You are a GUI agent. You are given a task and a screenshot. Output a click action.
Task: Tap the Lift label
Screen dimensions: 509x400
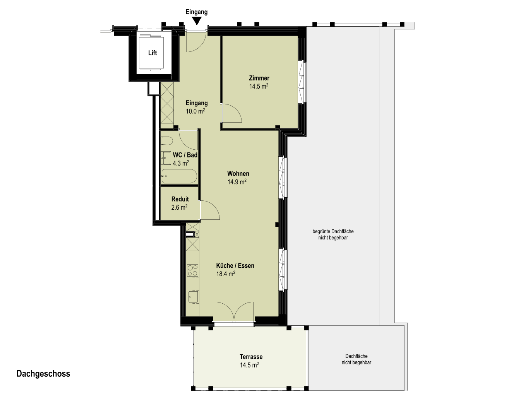click(153, 53)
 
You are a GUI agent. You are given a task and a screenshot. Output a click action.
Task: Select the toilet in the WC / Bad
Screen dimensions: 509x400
click(167, 141)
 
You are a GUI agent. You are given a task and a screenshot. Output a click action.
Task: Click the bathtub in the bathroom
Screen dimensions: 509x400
click(179, 176)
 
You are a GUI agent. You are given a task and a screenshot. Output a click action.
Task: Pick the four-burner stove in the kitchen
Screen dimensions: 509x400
click(192, 270)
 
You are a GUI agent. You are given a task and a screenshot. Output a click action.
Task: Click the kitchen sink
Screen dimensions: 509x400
click(193, 297)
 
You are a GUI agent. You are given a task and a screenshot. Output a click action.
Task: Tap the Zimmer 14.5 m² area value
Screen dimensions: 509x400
click(259, 86)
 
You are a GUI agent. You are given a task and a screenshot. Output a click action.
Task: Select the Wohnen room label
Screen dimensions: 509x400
click(238, 174)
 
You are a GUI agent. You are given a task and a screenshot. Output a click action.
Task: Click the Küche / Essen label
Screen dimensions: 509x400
click(235, 265)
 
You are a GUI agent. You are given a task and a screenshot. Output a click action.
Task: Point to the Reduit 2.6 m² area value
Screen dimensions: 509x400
click(179, 207)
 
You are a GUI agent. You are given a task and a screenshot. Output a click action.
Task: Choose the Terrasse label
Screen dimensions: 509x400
click(251, 357)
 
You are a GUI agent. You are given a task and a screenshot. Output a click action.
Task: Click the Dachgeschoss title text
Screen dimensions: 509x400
click(43, 374)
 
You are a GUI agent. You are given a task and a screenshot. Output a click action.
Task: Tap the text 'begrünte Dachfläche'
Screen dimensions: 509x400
click(333, 231)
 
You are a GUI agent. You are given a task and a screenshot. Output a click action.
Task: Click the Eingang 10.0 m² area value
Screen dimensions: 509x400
click(195, 111)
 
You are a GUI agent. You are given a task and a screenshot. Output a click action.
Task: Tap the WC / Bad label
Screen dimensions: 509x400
click(185, 155)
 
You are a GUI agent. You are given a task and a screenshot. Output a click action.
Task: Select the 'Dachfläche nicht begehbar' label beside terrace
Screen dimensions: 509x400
click(356, 359)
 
